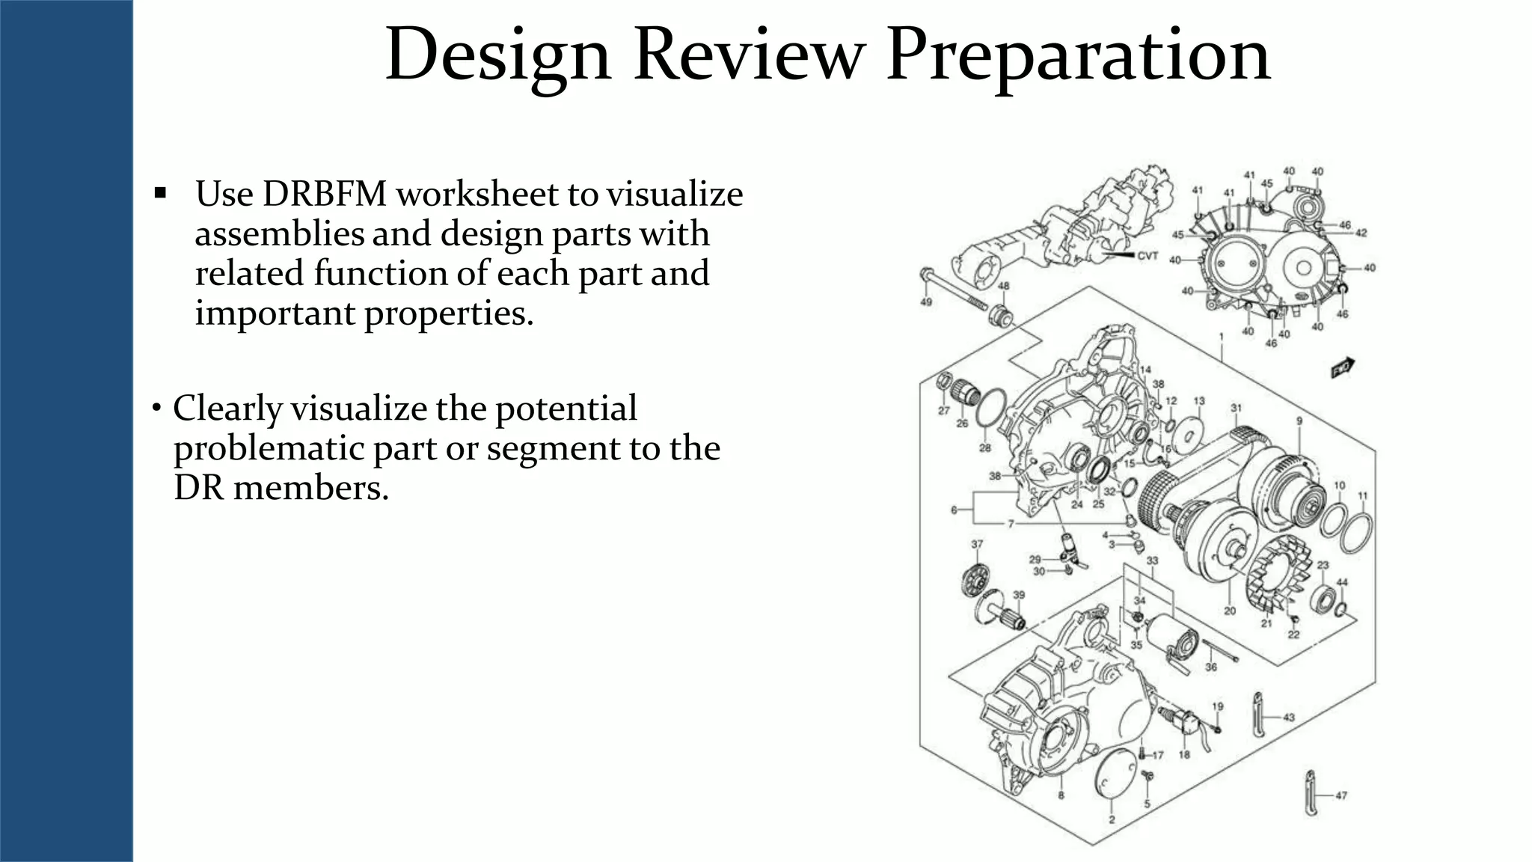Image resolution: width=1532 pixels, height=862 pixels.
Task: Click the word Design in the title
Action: pos(498,57)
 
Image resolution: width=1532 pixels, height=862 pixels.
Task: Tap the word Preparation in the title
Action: pos(1078,57)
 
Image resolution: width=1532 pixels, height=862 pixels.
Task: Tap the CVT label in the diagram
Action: pos(1148,256)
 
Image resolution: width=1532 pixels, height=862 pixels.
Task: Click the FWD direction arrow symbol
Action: pos(1343,367)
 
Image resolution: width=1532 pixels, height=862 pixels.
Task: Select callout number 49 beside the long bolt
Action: pos(925,302)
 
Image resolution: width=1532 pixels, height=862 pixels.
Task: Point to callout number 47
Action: pos(1340,795)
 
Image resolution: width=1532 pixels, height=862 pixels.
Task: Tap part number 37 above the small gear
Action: pos(977,544)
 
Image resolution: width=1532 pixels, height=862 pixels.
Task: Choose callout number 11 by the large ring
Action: pos(1362,495)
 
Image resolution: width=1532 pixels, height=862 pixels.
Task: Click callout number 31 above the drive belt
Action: pos(1236,408)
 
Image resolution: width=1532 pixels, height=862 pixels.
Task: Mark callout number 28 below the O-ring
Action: pos(985,447)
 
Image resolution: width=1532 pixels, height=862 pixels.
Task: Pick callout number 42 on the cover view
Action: pos(1361,233)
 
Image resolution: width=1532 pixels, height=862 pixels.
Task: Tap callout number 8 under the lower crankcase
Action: pos(1061,795)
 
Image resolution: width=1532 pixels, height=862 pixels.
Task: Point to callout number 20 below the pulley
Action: pos(1230,611)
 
